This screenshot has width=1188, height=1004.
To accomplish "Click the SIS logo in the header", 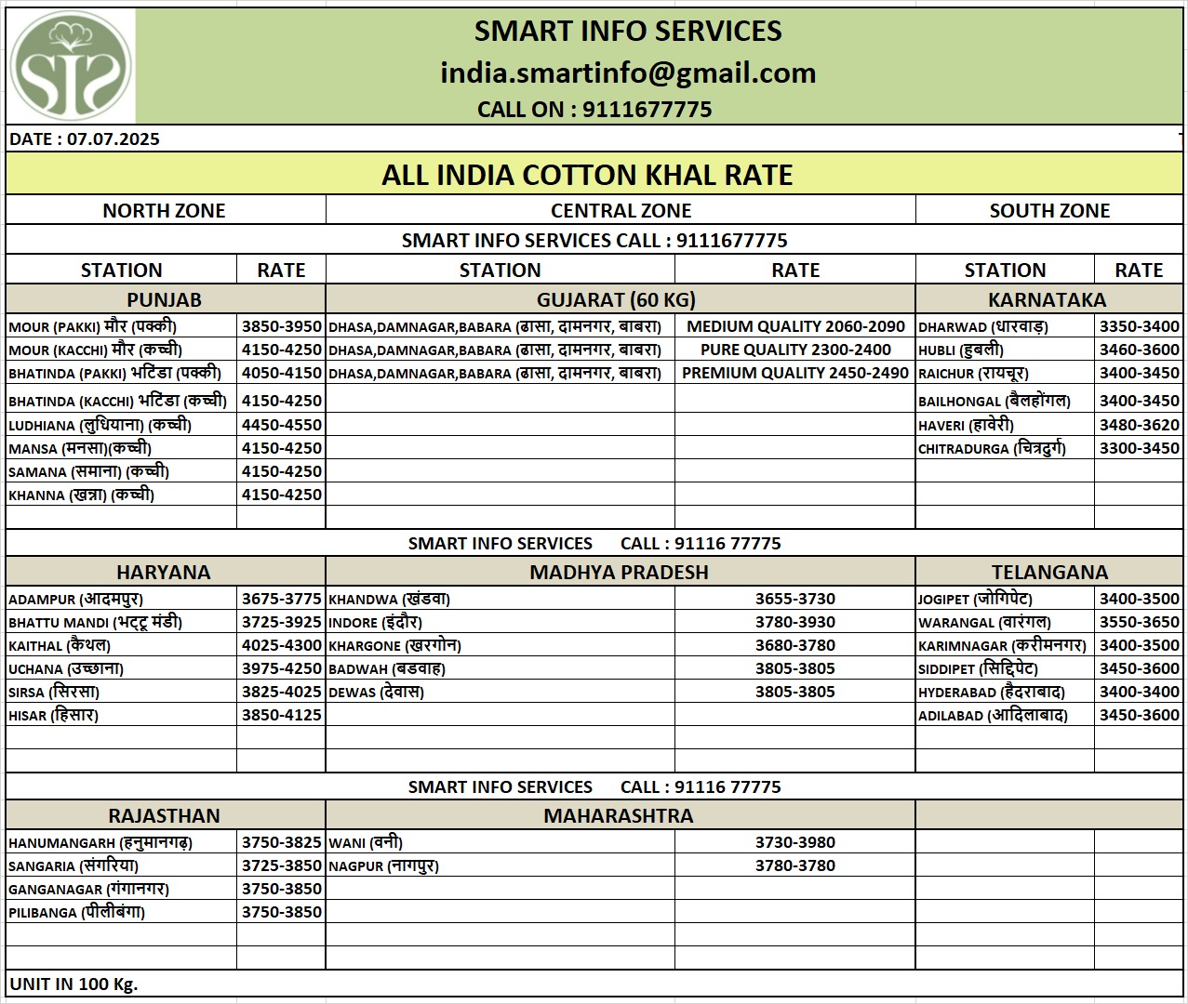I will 71,66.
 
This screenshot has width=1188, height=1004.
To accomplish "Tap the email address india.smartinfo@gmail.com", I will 628,73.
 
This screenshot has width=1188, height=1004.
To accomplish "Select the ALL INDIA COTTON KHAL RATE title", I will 587,175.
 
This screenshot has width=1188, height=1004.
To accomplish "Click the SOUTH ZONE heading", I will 1049,211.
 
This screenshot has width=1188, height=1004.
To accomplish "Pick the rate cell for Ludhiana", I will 281,425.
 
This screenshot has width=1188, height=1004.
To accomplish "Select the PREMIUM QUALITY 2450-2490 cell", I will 794,373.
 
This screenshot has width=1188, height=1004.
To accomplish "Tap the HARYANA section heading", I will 164,573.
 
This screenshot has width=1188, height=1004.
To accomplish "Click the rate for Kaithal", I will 281,645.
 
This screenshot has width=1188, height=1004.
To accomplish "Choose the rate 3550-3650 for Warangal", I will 1139,622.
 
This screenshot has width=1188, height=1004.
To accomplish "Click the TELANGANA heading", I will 1049,573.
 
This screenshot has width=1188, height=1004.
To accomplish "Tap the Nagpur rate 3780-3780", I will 794,865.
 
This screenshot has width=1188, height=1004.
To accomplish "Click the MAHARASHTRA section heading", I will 619,816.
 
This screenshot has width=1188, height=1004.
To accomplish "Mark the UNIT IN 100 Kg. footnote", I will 73,984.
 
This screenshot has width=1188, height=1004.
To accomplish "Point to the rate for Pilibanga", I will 281,912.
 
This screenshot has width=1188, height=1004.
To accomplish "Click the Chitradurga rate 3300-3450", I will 1139,448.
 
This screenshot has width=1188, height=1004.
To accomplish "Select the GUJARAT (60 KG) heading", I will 616,300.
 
